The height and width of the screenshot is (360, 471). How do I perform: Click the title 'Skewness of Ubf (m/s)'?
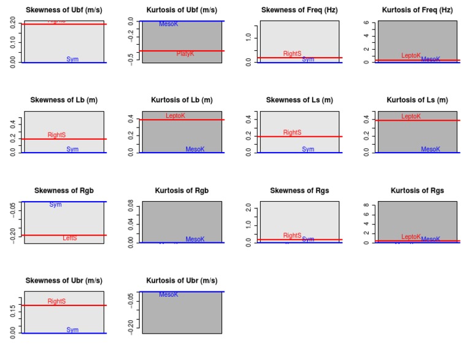click(64, 10)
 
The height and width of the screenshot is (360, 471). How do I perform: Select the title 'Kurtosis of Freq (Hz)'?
click(417, 10)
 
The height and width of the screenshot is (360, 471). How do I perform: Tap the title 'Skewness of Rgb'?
click(64, 191)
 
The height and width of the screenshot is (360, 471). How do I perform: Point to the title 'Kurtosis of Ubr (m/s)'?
click(182, 281)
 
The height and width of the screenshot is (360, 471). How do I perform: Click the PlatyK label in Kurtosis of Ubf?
click(185, 54)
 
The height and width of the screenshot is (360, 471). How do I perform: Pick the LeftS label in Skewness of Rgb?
click(70, 238)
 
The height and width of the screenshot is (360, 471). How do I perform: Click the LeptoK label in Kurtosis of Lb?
click(175, 116)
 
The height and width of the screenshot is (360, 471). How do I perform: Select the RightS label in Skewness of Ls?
click(293, 132)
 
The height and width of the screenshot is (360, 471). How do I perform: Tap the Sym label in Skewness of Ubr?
click(72, 330)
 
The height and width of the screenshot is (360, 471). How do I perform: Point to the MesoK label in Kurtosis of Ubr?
click(169, 295)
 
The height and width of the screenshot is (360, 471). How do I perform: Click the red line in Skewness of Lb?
click(64, 139)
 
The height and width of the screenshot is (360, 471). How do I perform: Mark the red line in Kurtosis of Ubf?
click(182, 51)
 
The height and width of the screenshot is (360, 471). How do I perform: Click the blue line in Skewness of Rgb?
click(64, 202)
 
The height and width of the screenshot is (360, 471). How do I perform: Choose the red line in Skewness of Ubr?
click(64, 305)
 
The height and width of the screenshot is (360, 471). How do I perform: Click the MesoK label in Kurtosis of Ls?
click(431, 150)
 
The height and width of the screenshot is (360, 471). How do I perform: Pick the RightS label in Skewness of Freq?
click(293, 54)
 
